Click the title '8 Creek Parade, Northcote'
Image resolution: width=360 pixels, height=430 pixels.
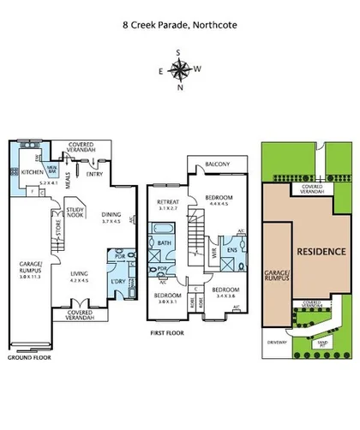(x=179, y=26)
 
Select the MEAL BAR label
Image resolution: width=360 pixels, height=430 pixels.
(x=52, y=168)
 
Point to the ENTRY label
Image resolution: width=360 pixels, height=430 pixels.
(x=93, y=173)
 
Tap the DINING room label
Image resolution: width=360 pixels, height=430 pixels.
(x=111, y=215)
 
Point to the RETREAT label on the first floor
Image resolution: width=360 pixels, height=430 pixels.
(x=166, y=203)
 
